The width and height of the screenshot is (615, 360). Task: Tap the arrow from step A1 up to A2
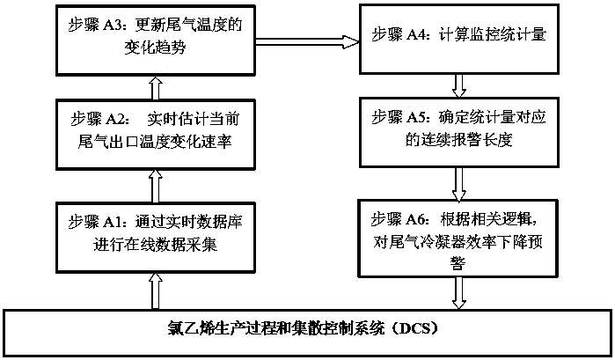tap(156, 186)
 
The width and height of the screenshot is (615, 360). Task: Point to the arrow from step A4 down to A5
tap(459, 85)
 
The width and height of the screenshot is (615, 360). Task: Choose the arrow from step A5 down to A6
tap(459, 184)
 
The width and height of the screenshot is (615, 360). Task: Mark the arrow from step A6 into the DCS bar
tap(459, 293)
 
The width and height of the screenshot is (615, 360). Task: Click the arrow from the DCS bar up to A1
tap(156, 291)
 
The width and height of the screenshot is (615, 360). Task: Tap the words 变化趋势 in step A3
tap(155, 48)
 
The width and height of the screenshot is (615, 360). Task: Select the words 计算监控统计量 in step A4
tap(492, 34)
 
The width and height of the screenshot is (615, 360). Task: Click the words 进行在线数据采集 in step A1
tap(155, 244)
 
